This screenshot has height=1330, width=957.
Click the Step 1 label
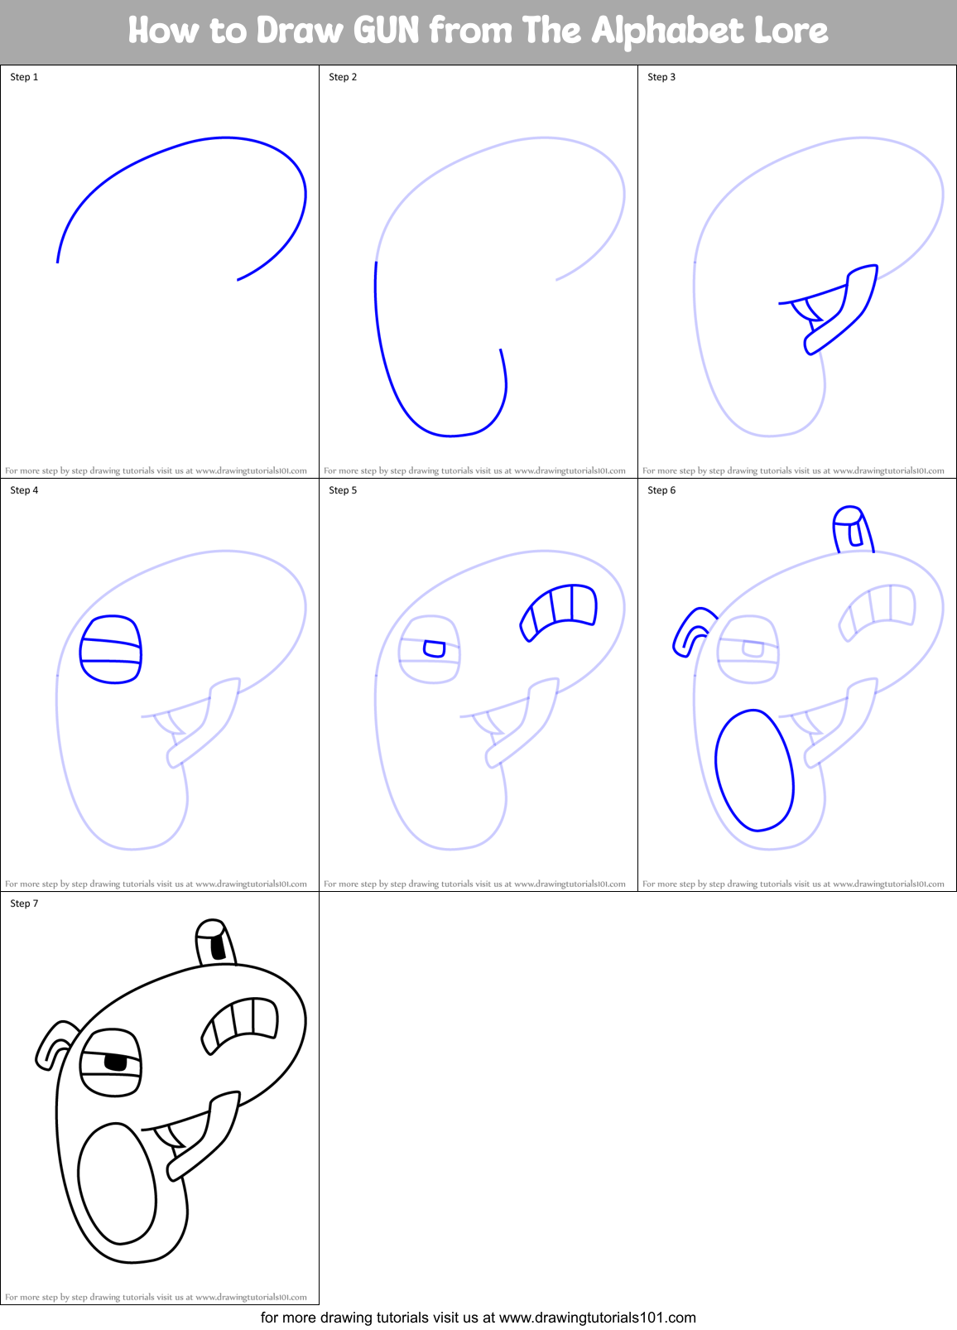click(24, 77)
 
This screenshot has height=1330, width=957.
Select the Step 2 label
click(343, 77)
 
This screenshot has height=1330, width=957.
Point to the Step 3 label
click(661, 77)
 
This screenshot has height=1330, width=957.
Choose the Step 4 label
click(24, 490)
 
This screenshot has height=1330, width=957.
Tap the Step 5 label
click(343, 490)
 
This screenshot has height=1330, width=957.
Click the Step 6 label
click(661, 490)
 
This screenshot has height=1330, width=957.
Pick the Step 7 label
click(24, 904)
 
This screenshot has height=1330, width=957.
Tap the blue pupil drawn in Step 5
click(434, 648)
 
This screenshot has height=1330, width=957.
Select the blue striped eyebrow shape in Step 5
click(560, 610)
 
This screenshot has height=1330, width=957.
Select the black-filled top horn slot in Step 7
click(218, 945)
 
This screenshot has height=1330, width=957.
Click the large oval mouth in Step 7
click(117, 1183)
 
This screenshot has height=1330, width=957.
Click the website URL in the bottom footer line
click(597, 1318)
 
